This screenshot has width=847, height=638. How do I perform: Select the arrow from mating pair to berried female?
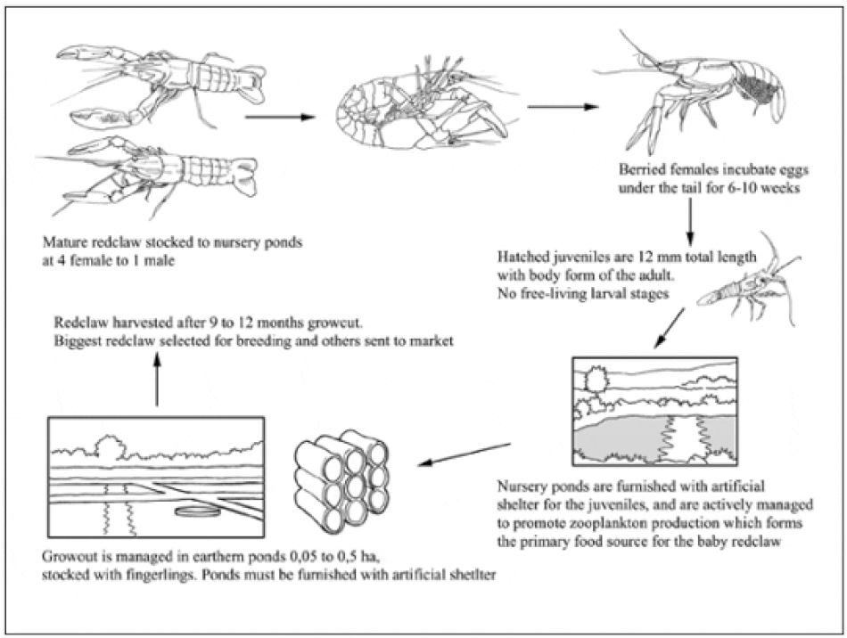[x=562, y=108]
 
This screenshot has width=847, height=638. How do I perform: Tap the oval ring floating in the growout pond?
[x=194, y=511]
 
